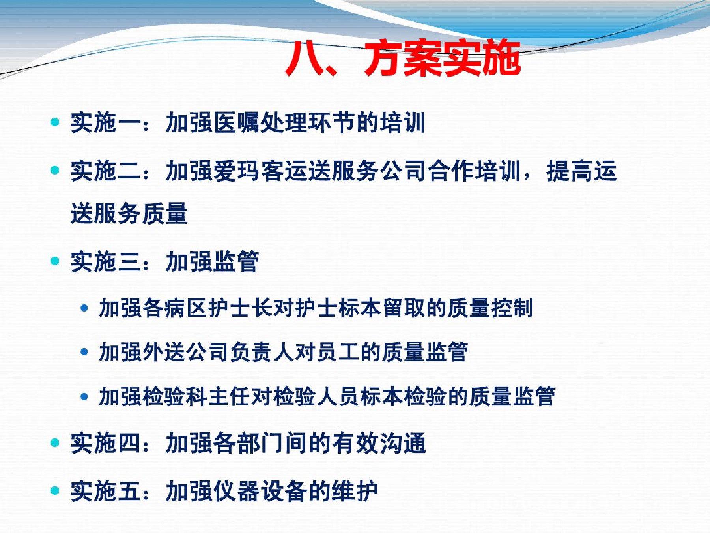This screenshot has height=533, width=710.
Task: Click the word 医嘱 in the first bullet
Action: pyautogui.click(x=237, y=122)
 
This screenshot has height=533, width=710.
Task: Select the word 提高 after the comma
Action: pyautogui.click(x=570, y=171)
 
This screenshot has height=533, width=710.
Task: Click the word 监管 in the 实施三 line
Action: pyautogui.click(x=236, y=261)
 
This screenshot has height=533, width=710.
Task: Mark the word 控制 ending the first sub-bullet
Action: pyautogui.click(x=512, y=308)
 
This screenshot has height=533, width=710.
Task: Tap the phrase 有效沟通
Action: pyautogui.click(x=379, y=443)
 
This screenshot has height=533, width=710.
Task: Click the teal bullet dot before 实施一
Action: pyautogui.click(x=55, y=122)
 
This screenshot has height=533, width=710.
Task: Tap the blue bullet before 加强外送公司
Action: pyautogui.click(x=84, y=352)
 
